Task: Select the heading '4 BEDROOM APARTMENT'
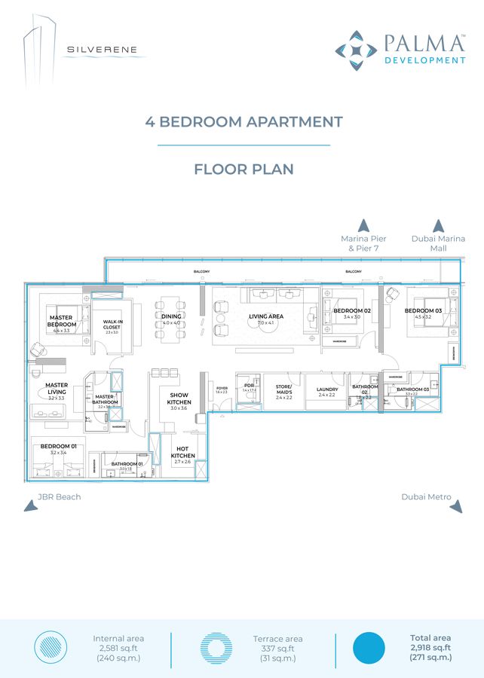coord(244,122)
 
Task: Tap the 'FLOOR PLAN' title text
coord(244,169)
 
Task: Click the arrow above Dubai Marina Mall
coord(438,225)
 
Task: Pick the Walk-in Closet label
coord(112,325)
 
